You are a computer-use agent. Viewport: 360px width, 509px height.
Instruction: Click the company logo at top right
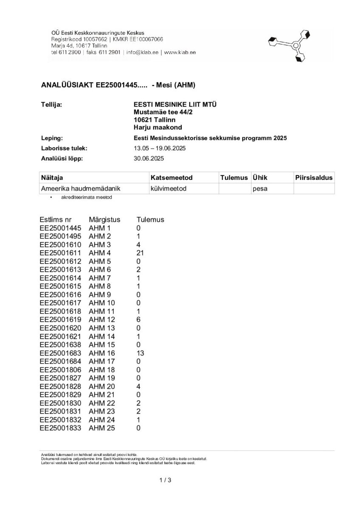point(290,45)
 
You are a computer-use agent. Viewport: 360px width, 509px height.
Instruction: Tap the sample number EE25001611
point(60,253)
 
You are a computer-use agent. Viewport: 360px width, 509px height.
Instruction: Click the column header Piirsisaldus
point(314,177)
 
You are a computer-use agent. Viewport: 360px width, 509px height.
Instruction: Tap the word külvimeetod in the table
point(168,188)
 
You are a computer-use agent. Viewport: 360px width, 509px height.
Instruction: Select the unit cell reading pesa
point(260,188)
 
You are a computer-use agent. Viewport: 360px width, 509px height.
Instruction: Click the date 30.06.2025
point(149,159)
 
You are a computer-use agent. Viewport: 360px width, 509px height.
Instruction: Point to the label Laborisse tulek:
point(64,148)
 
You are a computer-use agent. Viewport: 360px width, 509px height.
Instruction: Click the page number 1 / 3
point(165,480)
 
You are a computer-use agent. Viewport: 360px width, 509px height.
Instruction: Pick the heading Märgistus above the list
point(104,220)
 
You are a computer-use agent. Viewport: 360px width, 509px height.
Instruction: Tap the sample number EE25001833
point(60,428)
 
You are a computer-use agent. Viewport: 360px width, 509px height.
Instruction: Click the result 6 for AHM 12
point(138,319)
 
